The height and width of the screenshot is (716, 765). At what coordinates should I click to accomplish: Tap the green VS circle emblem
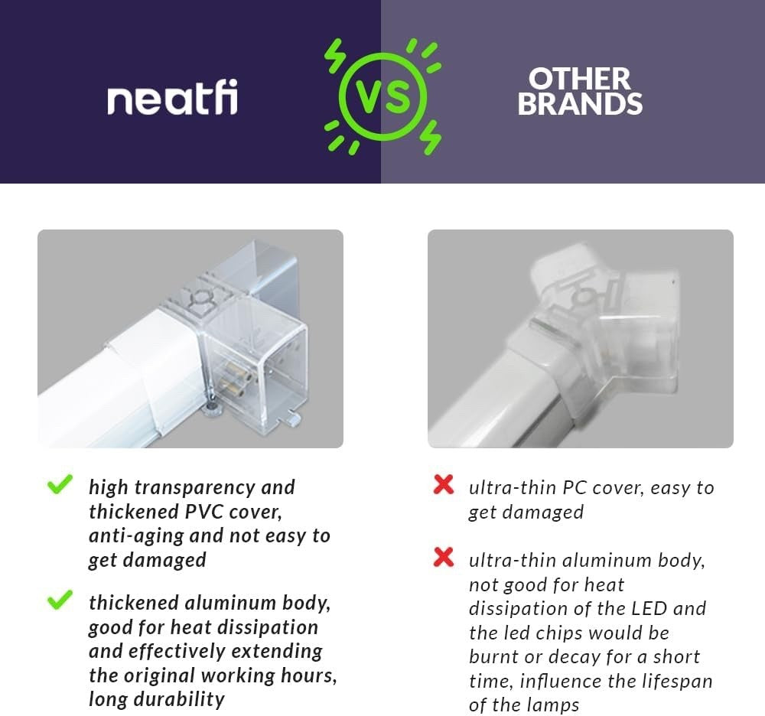(383, 96)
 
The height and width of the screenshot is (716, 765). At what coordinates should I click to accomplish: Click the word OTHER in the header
(580, 79)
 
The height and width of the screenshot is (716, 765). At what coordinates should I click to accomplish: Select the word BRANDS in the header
(580, 103)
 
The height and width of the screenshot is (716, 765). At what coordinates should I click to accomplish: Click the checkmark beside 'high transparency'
(60, 484)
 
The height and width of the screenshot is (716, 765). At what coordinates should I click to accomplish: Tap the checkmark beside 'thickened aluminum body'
(60, 600)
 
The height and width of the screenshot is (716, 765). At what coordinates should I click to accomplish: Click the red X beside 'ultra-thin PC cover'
(444, 484)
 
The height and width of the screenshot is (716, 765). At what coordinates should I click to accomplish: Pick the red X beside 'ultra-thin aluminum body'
(444, 557)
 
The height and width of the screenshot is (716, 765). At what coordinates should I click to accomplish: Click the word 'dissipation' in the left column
(267, 627)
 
